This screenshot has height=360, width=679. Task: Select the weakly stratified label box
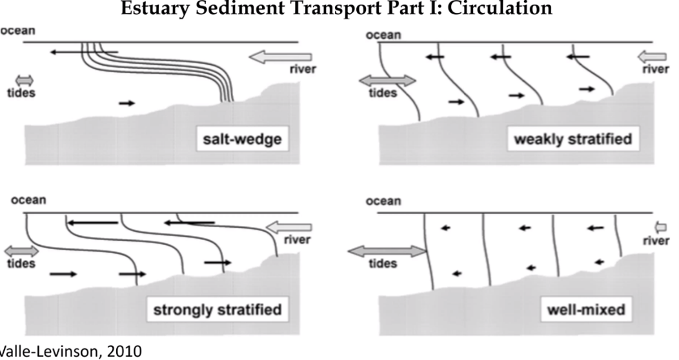[573, 139]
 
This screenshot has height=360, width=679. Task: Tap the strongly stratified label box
[217, 310]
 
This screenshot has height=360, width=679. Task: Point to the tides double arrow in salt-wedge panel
[24, 80]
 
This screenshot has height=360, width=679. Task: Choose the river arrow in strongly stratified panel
[289, 227]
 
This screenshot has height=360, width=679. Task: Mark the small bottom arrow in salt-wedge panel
[128, 103]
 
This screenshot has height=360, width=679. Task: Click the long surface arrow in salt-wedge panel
[85, 52]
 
